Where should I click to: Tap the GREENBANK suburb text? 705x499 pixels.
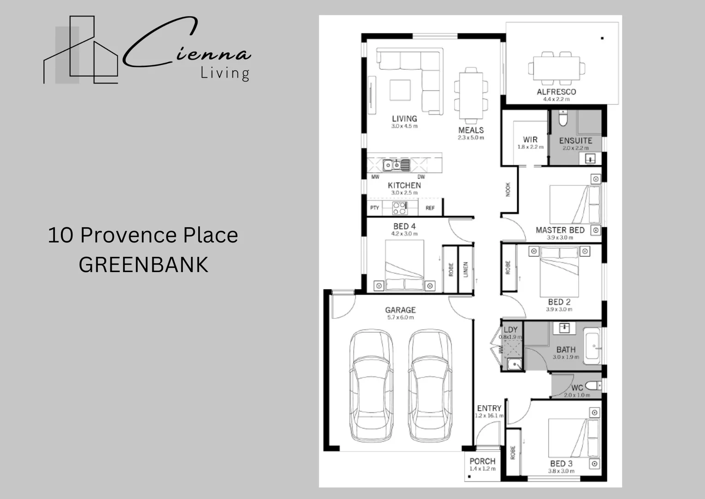point(143,265)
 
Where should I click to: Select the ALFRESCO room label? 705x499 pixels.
point(556,92)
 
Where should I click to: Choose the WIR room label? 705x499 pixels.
point(530,140)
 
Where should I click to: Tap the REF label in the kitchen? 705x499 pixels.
point(430,208)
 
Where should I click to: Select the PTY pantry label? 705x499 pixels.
point(375,208)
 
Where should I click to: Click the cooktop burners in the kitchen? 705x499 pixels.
point(400,208)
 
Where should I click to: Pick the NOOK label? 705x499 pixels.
point(508,189)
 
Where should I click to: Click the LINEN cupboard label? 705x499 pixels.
point(466,269)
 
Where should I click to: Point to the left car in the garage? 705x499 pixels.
point(371,386)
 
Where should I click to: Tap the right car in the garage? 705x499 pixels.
point(430,386)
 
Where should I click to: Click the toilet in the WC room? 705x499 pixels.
point(594,385)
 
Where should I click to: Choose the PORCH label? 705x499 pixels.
point(482,461)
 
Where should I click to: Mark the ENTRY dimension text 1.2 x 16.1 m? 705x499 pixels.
point(489,416)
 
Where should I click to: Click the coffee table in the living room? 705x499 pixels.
point(400,90)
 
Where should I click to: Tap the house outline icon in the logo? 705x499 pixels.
point(81,51)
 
